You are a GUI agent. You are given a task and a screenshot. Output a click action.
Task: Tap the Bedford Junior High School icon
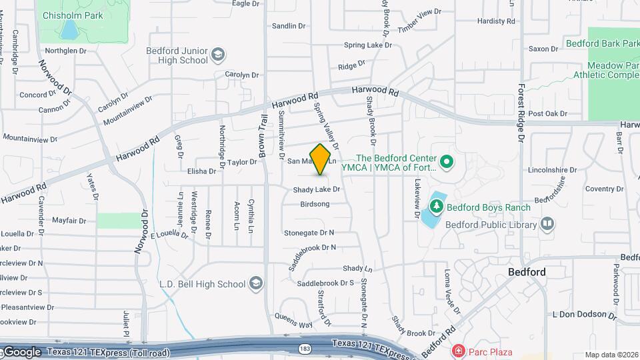(217, 54)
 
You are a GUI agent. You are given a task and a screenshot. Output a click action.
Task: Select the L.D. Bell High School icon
(255, 284)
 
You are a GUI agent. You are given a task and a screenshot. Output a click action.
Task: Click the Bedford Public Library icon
(547, 224)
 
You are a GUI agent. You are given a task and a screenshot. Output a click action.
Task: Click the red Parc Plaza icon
(458, 351)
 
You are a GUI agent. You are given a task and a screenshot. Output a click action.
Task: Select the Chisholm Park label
(73, 15)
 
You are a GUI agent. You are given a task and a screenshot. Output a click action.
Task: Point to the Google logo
(22, 351)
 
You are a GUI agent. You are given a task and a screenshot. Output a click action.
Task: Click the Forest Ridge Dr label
(521, 114)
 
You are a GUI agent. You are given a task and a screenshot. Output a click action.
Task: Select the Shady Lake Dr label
(317, 189)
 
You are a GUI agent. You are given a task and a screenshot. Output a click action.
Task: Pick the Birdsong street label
(315, 204)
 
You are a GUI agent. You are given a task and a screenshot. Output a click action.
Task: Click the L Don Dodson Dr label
(582, 314)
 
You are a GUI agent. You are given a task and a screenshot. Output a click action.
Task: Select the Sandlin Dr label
(289, 26)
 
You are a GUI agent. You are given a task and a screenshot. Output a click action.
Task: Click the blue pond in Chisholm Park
(69, 29)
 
